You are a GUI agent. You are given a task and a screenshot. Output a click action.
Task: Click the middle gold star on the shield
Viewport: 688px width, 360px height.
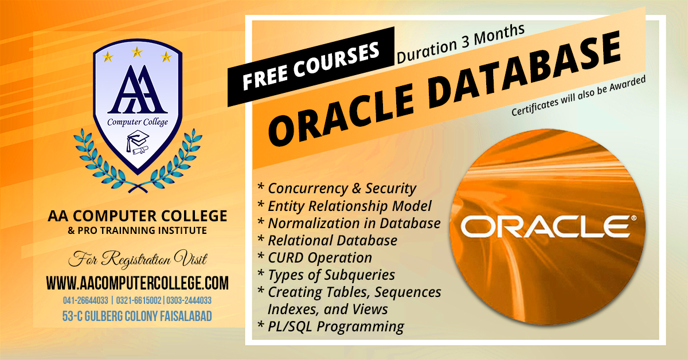[137, 52]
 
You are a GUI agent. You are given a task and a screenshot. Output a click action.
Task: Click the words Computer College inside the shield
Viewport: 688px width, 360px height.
[138, 122]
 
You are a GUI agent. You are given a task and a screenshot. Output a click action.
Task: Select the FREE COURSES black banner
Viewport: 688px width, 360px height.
[311, 66]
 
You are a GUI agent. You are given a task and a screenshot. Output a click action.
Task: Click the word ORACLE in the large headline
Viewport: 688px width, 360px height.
[342, 113]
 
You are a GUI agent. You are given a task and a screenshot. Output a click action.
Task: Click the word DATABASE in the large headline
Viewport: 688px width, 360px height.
[525, 70]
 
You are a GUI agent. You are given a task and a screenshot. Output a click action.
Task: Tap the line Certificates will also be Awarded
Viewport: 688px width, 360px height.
[578, 96]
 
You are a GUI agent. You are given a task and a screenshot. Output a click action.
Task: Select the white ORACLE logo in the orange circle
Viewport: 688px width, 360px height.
[549, 226]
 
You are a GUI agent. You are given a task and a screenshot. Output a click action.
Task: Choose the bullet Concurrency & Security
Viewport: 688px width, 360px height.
[337, 188]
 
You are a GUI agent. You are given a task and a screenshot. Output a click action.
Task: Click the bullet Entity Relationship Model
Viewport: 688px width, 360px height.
[345, 206]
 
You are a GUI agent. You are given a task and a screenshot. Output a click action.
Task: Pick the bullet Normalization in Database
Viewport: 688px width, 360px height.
[349, 223]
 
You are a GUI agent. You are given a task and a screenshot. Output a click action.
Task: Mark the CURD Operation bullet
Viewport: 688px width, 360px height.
[315, 257]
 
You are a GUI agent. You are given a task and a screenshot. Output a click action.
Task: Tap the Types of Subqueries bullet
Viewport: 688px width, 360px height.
[326, 275]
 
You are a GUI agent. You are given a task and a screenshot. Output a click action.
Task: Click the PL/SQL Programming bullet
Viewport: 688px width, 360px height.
[330, 327]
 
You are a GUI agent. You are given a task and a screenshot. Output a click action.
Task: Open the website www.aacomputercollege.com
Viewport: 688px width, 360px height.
[138, 283]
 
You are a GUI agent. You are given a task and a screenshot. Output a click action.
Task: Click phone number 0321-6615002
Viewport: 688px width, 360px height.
[139, 300]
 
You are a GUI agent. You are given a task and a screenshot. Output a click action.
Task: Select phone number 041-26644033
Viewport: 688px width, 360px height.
[85, 300]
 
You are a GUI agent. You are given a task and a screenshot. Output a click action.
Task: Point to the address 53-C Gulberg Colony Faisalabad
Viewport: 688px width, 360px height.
[137, 316]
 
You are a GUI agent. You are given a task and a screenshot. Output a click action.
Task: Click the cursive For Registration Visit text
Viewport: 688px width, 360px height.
[138, 259]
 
